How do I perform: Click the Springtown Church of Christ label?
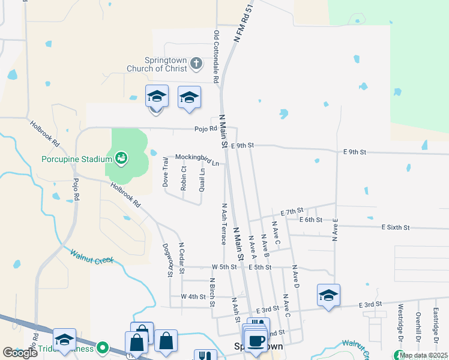(157, 64)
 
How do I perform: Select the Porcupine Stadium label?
(77, 159)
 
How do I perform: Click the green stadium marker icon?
(121, 158)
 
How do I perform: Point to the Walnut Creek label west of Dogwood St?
(91, 257)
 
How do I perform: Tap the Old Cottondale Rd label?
(215, 56)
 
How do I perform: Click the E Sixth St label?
(396, 227)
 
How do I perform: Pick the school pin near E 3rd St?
(328, 295)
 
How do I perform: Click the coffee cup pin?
(256, 340)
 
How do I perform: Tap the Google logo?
(20, 353)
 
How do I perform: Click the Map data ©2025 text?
(423, 355)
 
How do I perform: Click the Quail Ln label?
(202, 179)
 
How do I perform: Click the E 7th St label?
(292, 212)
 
